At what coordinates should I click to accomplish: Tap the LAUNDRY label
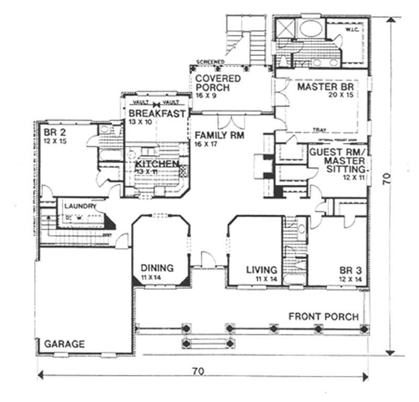79,206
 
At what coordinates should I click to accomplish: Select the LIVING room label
261,270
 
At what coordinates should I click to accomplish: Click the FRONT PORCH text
323,317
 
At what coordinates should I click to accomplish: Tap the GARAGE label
64,344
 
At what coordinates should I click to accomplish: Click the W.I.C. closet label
351,30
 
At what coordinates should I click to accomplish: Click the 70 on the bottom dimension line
197,372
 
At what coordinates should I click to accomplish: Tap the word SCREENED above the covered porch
210,62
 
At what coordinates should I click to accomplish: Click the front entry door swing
208,260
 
